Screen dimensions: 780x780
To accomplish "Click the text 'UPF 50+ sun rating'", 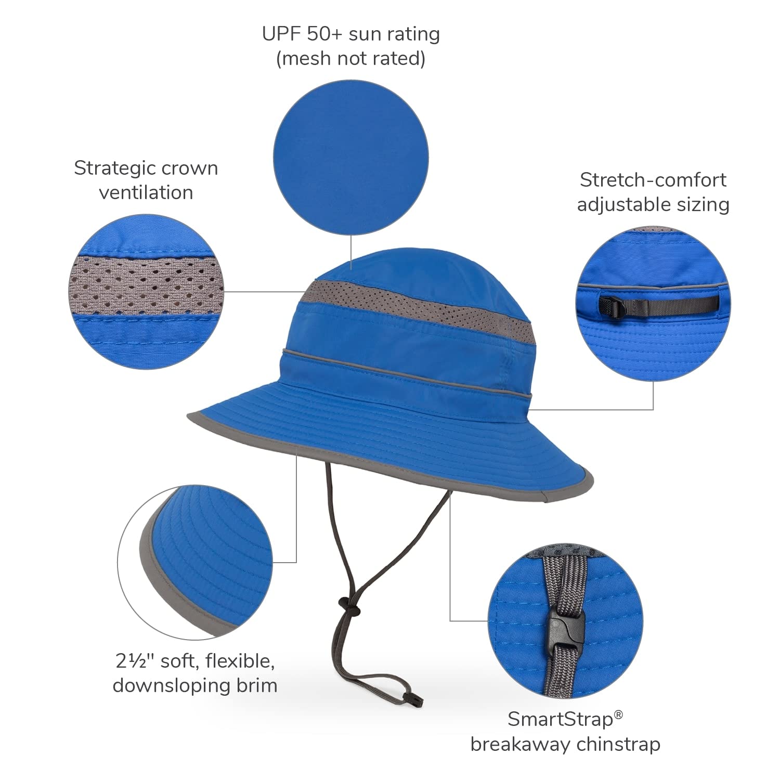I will (x=351, y=34).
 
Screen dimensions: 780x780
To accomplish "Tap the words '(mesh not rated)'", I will (x=350, y=58).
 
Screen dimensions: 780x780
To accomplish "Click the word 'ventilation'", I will (x=146, y=193).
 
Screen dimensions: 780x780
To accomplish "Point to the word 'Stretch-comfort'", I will (x=653, y=180).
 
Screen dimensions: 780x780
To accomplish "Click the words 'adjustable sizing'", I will (x=653, y=204).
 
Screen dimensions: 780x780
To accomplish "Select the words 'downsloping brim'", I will (x=195, y=685).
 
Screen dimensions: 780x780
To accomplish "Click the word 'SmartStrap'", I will (x=561, y=720).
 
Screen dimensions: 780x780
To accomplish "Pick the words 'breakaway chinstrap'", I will (x=565, y=744).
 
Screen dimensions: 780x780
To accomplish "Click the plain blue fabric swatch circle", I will (x=351, y=156).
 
